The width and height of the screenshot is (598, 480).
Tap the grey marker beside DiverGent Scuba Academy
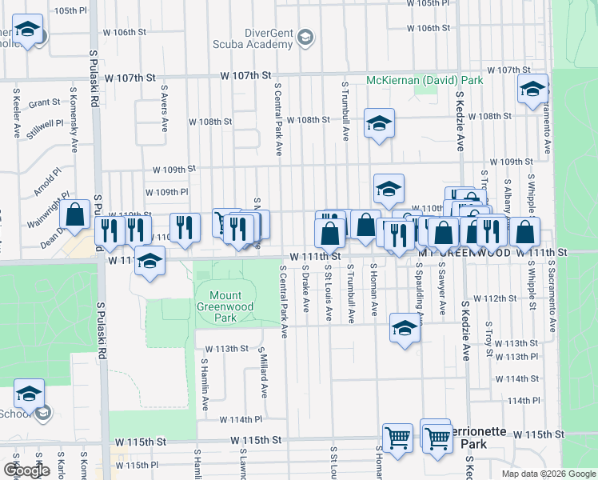click(x=304, y=37)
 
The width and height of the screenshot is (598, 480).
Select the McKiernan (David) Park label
click(x=425, y=81)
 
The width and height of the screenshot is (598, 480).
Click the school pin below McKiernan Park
click(x=379, y=123)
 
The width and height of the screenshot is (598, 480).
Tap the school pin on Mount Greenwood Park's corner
click(x=149, y=261)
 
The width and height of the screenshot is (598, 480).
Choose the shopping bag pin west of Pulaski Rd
click(x=75, y=214)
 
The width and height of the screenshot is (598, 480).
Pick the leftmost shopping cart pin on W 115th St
click(x=397, y=438)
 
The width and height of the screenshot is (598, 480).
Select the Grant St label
click(x=44, y=103)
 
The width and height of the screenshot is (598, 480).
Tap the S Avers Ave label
click(x=164, y=109)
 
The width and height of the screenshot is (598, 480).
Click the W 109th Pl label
click(x=166, y=192)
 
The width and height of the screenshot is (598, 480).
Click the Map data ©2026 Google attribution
click(x=548, y=474)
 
